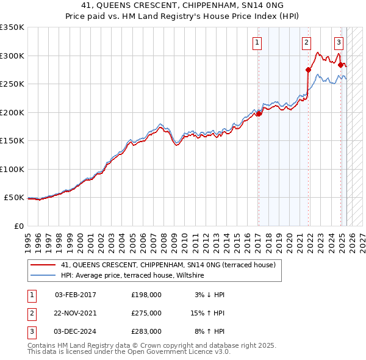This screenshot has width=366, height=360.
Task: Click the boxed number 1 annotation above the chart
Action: (x=257, y=42)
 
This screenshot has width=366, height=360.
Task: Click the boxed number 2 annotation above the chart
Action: (x=306, y=42)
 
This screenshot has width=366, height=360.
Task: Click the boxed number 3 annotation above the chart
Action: (x=339, y=42)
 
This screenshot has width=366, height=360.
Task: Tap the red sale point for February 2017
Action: (x=259, y=113)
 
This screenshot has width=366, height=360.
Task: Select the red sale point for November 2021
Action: (x=308, y=70)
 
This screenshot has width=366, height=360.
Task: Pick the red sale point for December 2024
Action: (x=340, y=65)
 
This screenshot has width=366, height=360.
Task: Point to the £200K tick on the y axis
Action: (x=13, y=112)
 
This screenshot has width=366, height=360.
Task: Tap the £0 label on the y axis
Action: (x=18, y=226)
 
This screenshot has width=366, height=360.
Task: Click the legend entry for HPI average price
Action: (x=132, y=276)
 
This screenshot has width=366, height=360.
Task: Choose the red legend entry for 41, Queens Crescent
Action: (x=168, y=265)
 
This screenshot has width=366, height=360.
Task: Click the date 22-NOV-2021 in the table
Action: (x=76, y=312)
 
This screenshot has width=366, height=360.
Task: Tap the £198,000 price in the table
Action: (x=146, y=294)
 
